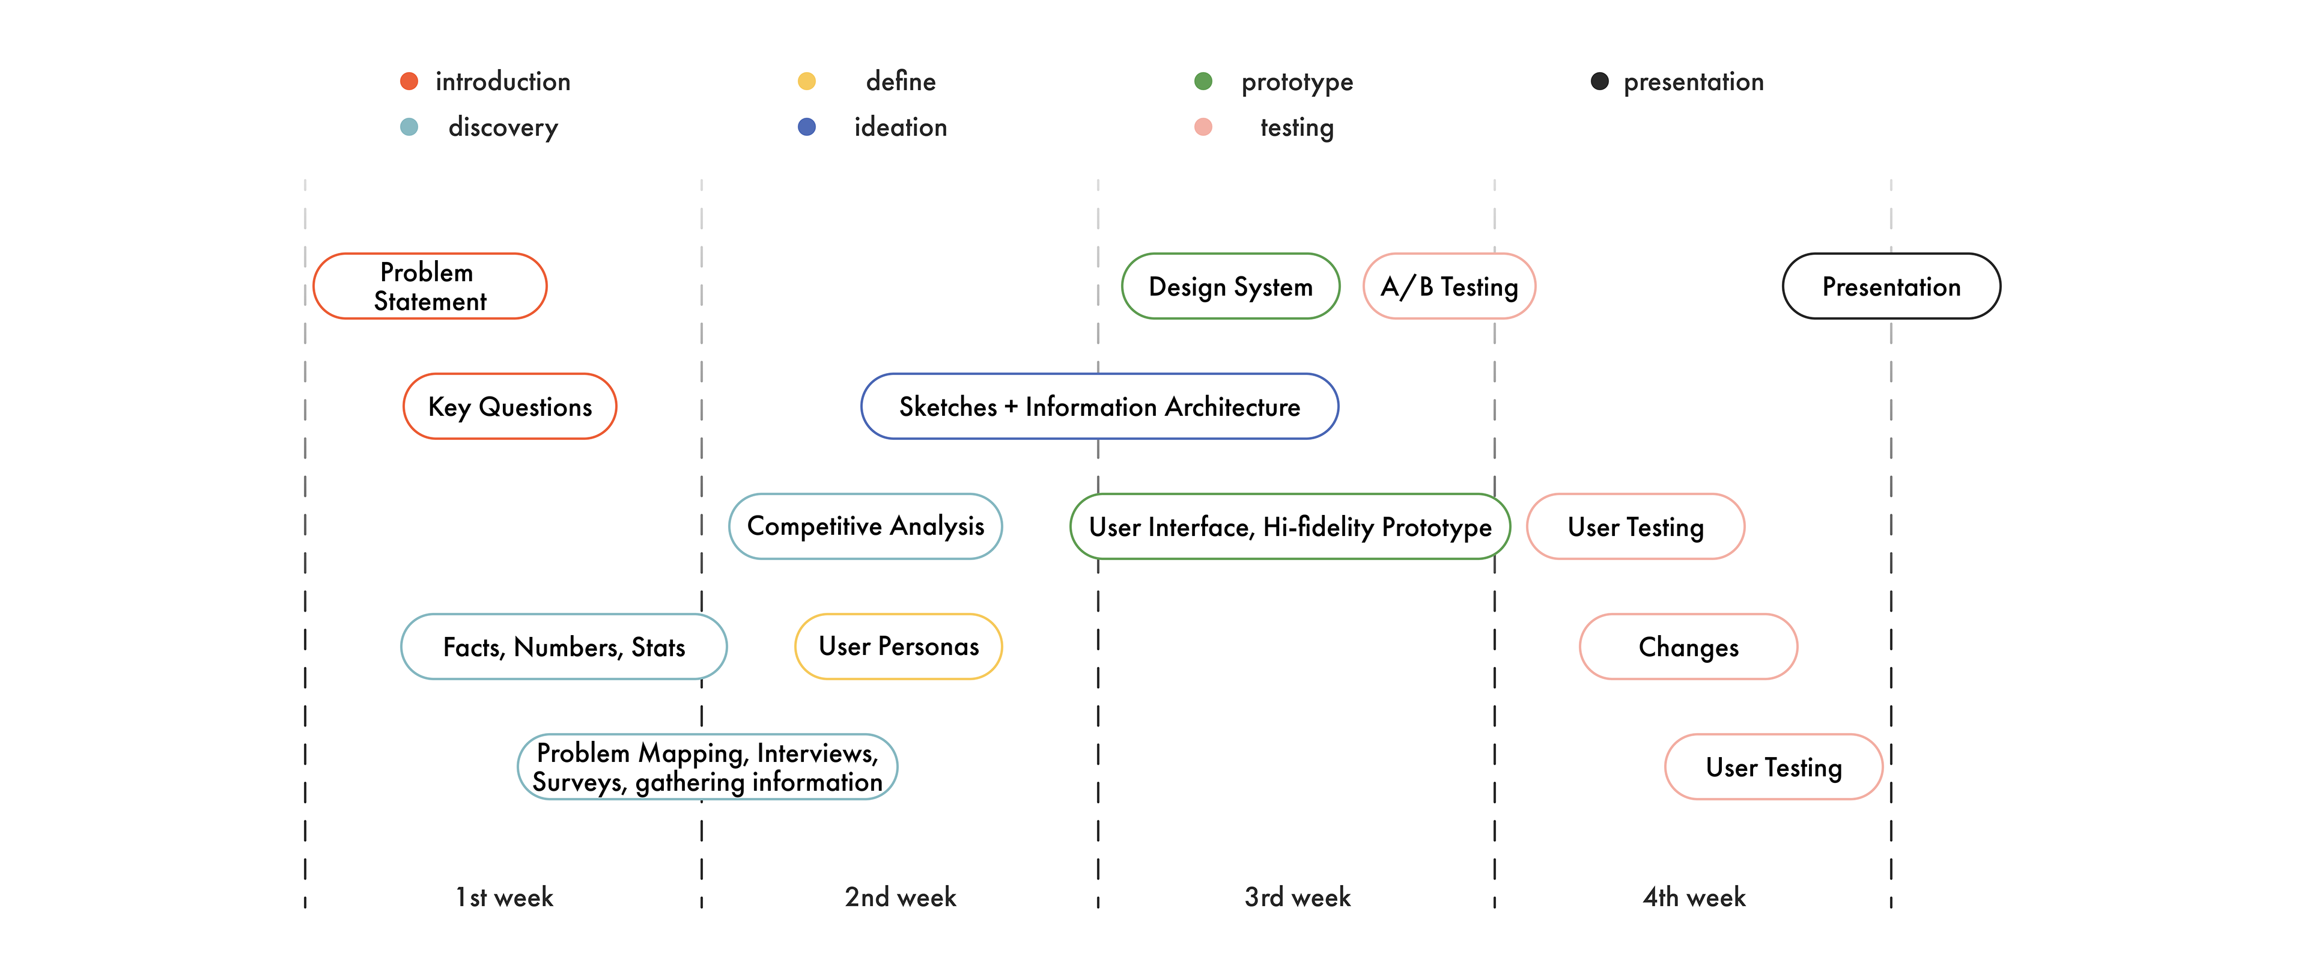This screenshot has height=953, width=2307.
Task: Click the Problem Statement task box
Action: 430,286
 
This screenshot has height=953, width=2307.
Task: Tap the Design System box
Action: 1230,286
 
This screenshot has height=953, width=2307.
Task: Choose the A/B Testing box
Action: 1449,286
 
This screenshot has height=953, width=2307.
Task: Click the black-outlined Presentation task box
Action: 1891,286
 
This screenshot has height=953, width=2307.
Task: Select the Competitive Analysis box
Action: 865,526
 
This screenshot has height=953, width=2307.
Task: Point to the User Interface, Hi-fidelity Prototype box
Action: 1290,526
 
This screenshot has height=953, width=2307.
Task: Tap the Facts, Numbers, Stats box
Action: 564,647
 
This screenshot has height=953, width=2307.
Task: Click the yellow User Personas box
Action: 898,647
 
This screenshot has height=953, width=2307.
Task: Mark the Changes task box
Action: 1688,647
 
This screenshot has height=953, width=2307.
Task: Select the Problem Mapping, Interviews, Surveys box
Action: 708,767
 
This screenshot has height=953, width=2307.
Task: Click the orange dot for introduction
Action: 409,82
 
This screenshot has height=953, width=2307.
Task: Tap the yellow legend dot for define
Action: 807,82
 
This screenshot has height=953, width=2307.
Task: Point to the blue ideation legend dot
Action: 807,127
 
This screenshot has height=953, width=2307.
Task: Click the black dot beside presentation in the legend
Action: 1599,82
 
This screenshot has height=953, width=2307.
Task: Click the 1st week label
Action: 504,897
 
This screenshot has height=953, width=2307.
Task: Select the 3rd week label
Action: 1298,897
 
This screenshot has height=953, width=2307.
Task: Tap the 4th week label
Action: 1694,897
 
